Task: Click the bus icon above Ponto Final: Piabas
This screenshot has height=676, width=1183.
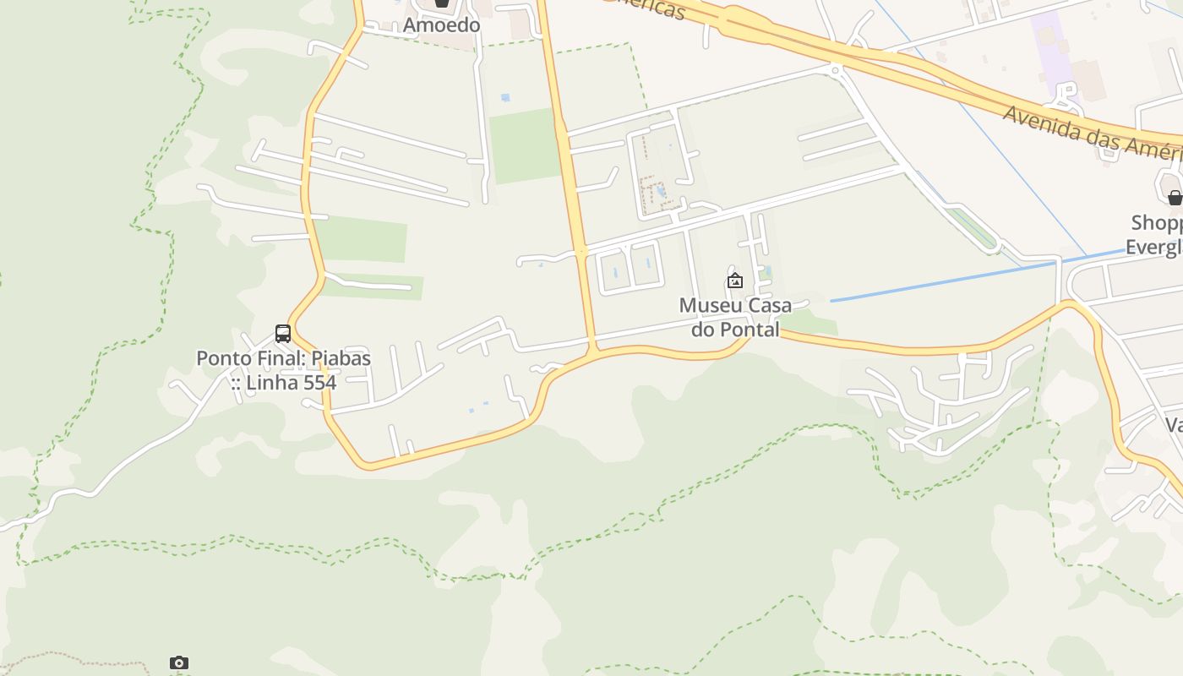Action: click(283, 334)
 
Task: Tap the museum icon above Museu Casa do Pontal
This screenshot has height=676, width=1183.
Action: click(735, 281)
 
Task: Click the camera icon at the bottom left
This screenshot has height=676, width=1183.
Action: click(178, 662)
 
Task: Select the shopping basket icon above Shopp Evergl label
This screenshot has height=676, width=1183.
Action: click(1175, 198)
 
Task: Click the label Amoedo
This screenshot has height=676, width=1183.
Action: click(441, 25)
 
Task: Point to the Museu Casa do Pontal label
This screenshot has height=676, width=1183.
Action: click(735, 317)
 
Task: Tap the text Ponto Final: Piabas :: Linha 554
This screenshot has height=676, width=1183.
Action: click(283, 370)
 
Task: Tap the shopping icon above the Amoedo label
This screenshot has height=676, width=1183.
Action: click(442, 3)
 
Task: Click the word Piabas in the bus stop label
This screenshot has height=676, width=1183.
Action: click(341, 358)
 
